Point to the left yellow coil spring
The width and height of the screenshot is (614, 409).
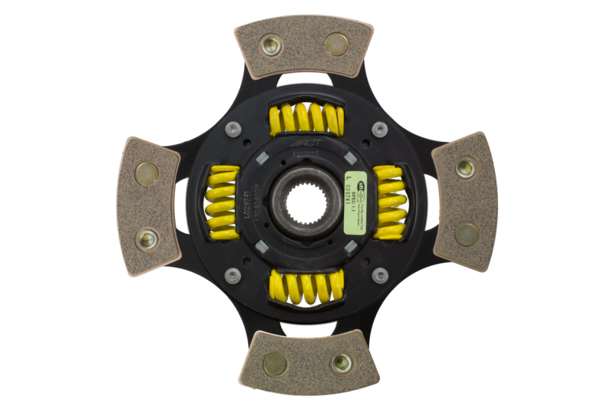[x=222, y=203]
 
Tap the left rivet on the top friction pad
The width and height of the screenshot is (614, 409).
[x=270, y=46]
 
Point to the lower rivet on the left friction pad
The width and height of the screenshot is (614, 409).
[x=146, y=239]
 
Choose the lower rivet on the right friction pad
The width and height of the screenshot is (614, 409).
[x=466, y=234]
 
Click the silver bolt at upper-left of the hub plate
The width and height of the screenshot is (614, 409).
[x=231, y=129]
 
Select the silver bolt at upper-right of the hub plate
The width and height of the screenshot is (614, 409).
[x=379, y=129]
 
